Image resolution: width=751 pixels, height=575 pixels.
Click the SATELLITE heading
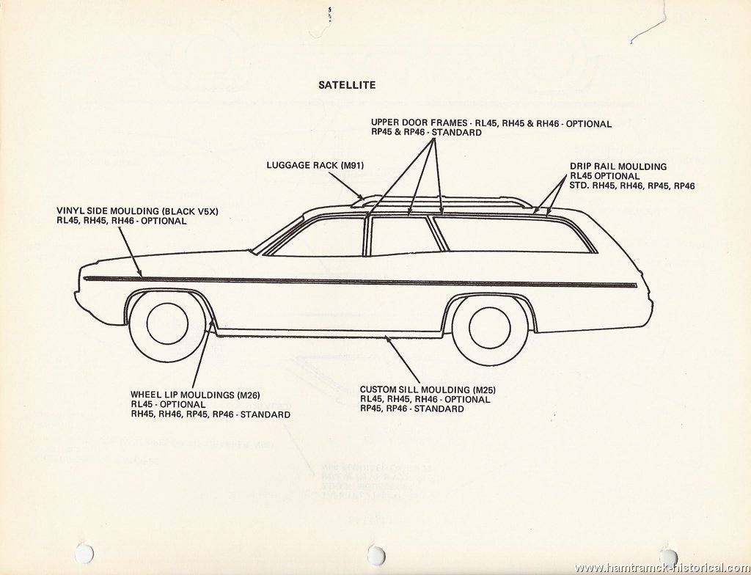[x=347, y=85]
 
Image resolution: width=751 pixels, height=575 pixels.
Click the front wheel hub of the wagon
[x=168, y=323]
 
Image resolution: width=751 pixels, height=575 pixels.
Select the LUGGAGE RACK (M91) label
[x=315, y=165]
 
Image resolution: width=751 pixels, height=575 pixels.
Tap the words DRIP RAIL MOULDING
[x=618, y=166]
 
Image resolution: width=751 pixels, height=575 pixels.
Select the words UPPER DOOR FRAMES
[x=419, y=124]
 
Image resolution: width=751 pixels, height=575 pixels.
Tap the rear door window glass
[x=406, y=235]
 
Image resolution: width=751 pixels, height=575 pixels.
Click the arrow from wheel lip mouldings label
[x=202, y=354]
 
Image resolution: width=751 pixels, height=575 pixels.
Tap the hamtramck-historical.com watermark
[x=662, y=568]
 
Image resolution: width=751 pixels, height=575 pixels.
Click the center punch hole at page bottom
[x=376, y=554]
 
